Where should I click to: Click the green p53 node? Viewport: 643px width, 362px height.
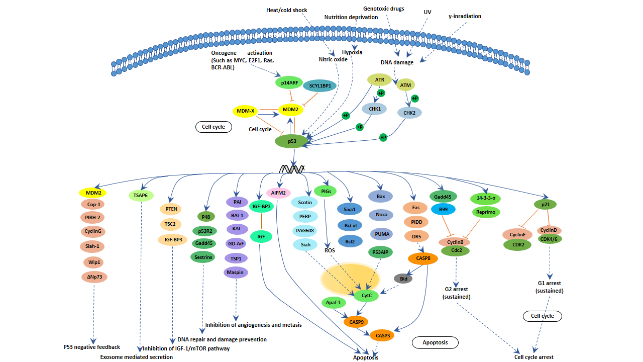291,141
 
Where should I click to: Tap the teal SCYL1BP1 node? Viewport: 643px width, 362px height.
319,86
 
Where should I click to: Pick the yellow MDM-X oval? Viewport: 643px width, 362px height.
246,110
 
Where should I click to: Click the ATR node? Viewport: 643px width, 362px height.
379,79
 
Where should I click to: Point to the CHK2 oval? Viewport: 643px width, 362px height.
409,113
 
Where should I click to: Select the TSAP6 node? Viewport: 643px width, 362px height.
141,196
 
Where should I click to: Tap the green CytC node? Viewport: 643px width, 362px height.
366,295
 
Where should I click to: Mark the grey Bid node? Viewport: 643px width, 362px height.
403,278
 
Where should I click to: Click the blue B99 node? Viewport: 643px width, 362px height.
443,209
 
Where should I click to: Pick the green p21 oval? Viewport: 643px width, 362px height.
545,205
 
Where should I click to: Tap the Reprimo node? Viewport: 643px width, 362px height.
486,212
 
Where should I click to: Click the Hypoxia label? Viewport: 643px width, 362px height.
352,52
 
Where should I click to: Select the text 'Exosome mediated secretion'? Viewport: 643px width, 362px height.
136,357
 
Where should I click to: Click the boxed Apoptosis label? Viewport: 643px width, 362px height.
435,342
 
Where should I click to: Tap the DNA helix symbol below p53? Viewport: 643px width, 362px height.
292,169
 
